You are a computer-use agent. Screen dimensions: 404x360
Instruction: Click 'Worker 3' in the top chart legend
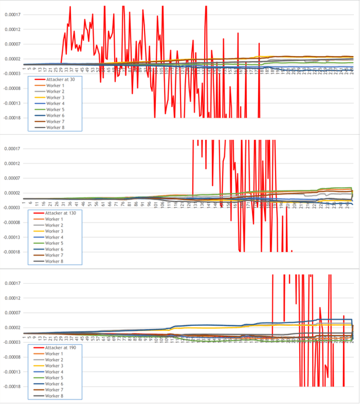55,97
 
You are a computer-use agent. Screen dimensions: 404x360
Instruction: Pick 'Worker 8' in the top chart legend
55,128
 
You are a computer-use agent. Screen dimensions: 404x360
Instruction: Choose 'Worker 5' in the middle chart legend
55,243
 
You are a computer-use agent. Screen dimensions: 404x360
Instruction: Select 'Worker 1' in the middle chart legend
55,219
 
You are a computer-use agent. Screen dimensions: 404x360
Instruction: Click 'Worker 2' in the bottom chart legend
55,359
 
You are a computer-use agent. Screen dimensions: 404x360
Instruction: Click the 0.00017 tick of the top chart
11,15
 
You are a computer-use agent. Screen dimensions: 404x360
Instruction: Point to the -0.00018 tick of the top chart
11,118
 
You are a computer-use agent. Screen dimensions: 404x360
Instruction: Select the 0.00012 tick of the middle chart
11,164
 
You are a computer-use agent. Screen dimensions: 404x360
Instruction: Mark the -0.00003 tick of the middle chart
11,208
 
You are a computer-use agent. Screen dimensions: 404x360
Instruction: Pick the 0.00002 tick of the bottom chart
11,327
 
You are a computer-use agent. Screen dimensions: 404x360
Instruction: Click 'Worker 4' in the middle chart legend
55,237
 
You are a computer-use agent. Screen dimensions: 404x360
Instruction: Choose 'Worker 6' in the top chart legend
55,115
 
